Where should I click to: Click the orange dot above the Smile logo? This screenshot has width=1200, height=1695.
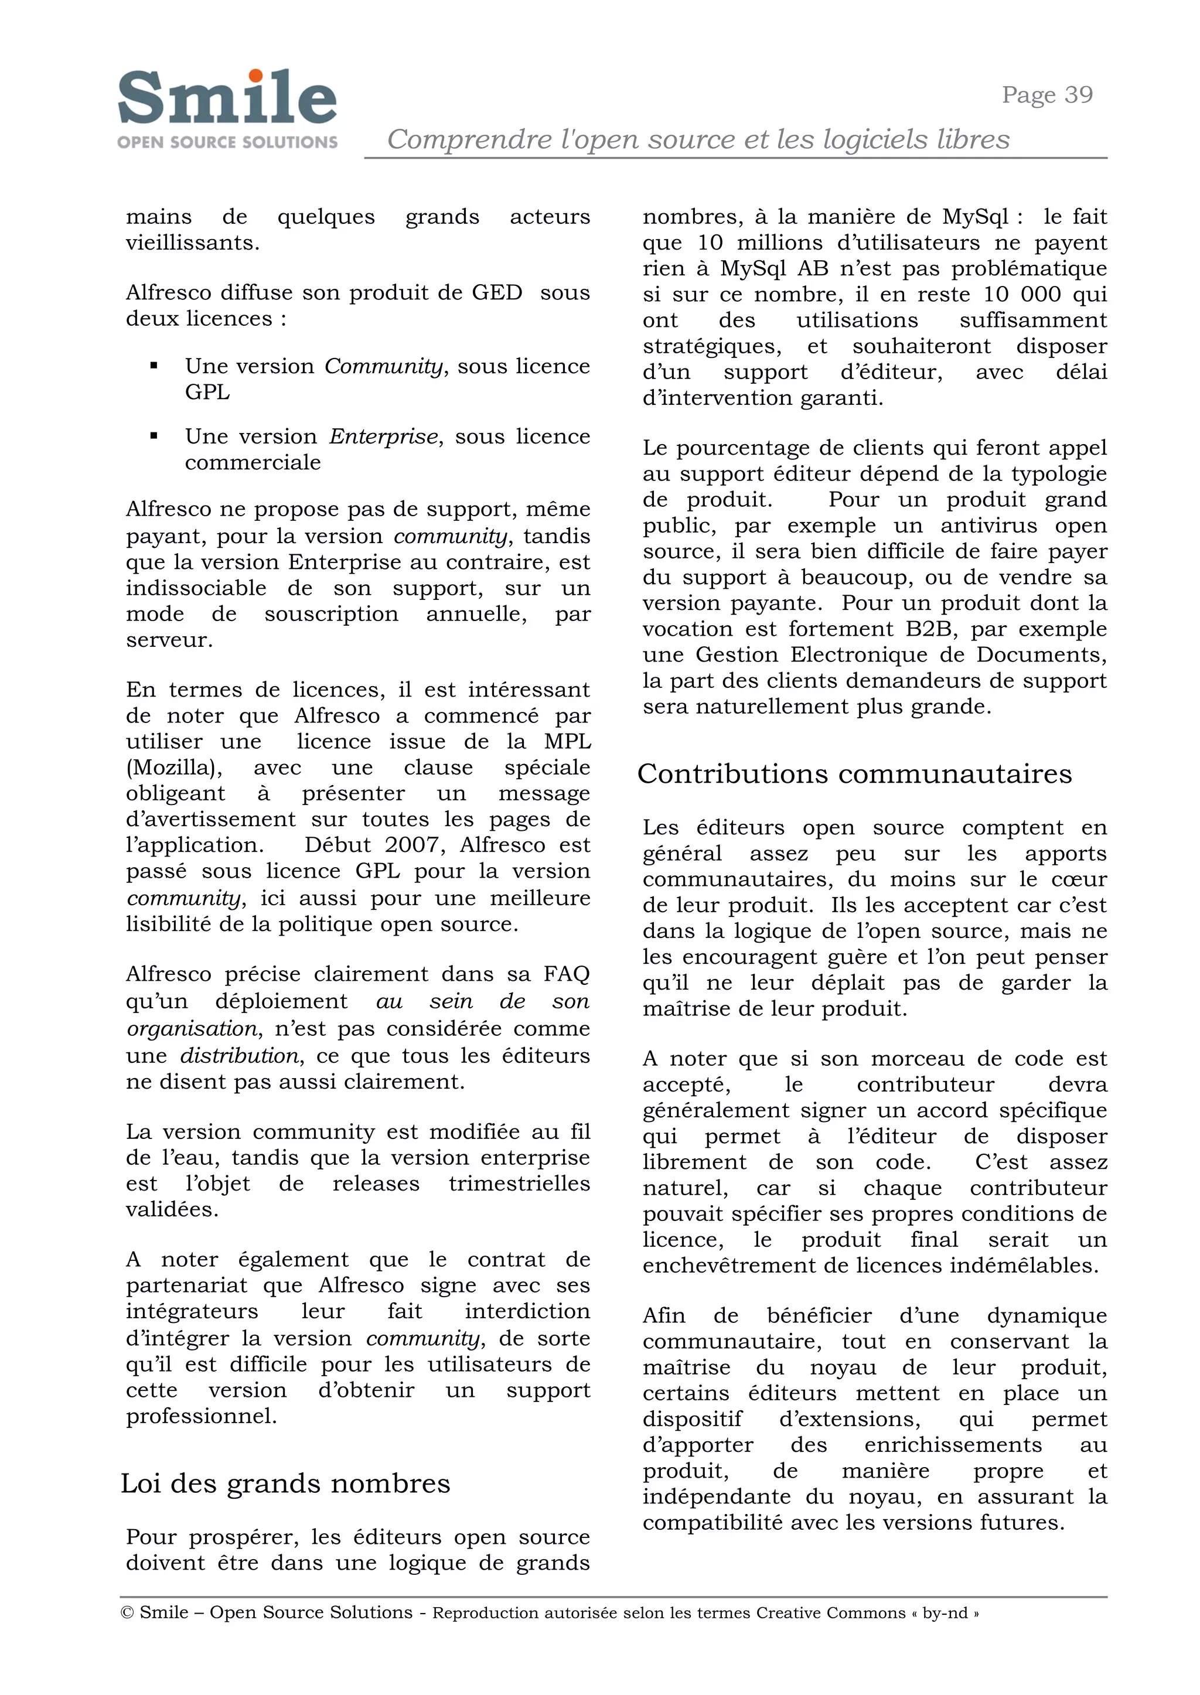(255, 76)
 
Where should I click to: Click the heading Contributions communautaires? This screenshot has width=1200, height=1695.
(854, 773)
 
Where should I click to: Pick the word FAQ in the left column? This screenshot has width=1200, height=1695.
(567, 974)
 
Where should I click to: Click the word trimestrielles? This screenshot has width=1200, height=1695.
(520, 1183)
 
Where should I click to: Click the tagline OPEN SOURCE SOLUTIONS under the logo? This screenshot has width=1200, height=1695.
(227, 142)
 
